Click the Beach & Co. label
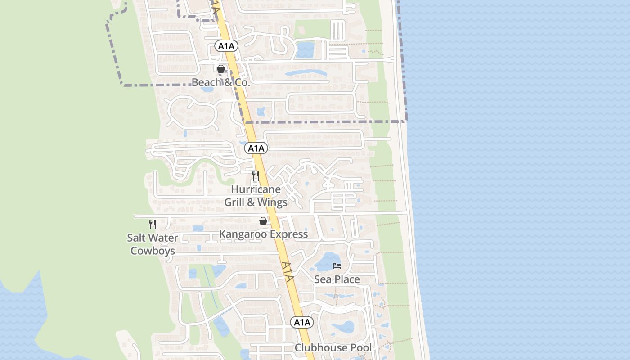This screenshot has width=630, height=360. pos(220,82)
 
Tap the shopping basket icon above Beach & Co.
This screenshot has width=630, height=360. pos(221,69)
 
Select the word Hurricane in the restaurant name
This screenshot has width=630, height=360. pos(256,189)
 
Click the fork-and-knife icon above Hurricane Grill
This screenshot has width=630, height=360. pos(256,175)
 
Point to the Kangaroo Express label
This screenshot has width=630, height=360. pos(263,234)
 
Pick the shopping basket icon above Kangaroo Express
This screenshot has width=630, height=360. pos(263,221)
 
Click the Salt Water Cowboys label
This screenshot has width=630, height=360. pos(153,244)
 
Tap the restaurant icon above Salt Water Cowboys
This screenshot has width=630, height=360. pos(153,224)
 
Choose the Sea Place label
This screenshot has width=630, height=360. pos(337,279)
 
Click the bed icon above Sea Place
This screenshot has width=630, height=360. pos(337,266)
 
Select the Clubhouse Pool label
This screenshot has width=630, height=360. pos(333,348)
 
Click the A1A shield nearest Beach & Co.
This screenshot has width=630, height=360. pos(226,46)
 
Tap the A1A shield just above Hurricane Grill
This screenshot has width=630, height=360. pos(256,148)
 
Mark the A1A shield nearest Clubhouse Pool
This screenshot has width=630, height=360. pos(302,322)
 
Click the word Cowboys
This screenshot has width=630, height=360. pos(153,251)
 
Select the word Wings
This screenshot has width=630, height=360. pos(272,202)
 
